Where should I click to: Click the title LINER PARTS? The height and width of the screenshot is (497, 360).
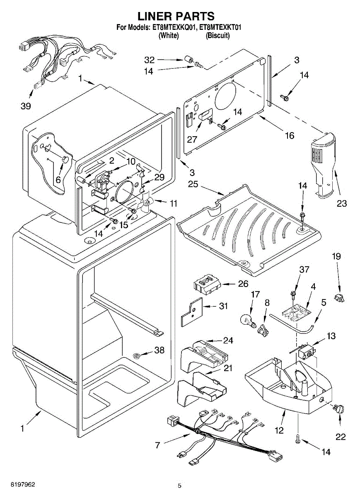pos(176,16)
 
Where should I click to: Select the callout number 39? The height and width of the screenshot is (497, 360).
pos(26,106)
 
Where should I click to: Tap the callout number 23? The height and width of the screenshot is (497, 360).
pos(341,203)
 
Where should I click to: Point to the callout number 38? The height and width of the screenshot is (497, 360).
pos(159,350)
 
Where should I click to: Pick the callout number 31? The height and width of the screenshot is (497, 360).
pos(224,306)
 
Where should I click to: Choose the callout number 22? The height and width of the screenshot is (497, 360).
pos(341,437)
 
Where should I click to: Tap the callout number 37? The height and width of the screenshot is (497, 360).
pos(304,270)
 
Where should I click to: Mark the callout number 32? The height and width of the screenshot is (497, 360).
pos(149,60)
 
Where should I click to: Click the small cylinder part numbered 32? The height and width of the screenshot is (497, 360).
pos(190,60)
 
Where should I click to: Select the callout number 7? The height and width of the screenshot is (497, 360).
pos(157,446)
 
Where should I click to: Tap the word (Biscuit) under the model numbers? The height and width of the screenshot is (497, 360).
pos(218,36)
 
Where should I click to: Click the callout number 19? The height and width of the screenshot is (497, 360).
pos(336,257)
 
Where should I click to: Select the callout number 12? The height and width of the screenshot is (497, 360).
pos(279,430)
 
